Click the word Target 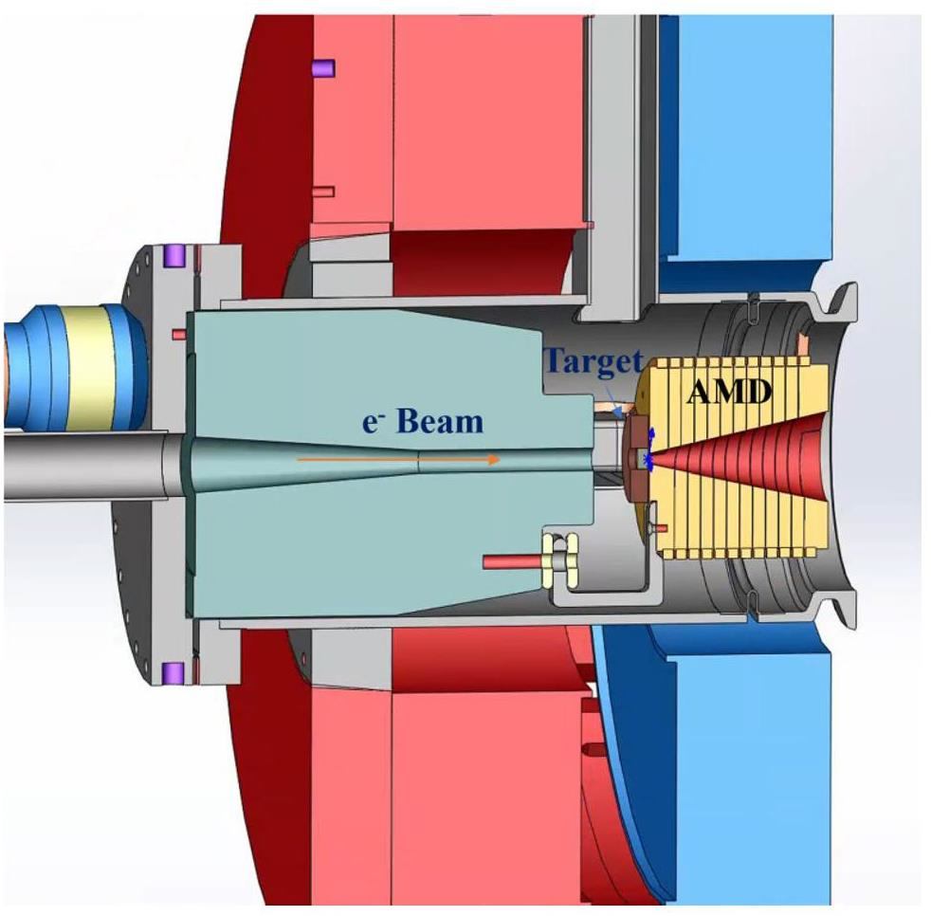click(x=593, y=360)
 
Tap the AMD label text click(x=729, y=391)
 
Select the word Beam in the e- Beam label click(x=440, y=421)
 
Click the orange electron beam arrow click(x=397, y=459)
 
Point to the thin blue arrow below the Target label click(x=612, y=400)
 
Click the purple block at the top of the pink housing click(x=323, y=67)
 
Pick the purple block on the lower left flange click(x=173, y=672)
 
